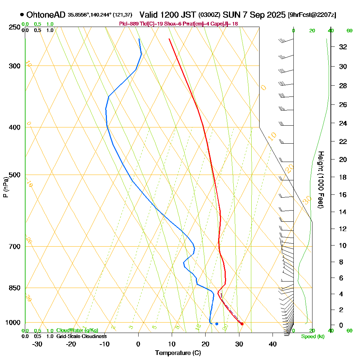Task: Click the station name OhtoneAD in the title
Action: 46,15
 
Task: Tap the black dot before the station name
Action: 22,15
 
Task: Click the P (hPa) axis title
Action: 5,187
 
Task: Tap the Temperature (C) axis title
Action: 178,353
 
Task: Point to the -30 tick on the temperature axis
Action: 37,344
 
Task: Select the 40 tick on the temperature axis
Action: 273,344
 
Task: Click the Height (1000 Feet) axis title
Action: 320,180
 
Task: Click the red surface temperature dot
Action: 242,324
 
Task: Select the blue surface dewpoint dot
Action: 217,324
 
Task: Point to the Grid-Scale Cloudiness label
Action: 81,336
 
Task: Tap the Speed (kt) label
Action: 312,337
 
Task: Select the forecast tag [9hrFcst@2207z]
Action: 312,15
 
